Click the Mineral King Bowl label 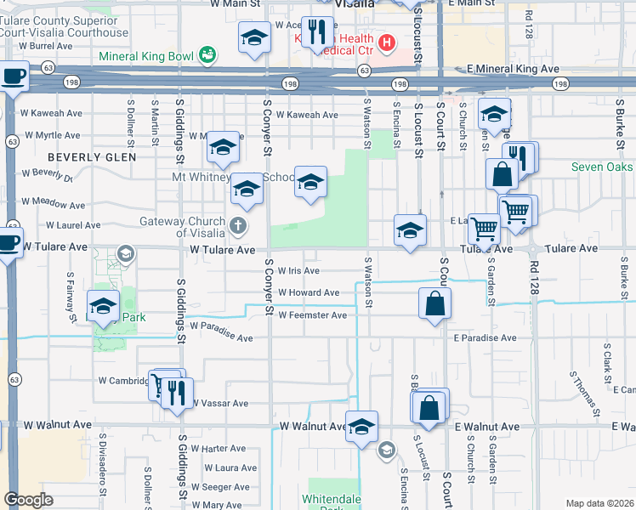pos(146,57)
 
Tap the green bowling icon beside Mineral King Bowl pos(206,56)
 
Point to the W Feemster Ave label pos(312,315)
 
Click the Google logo pos(28,500)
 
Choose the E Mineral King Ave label pos(513,68)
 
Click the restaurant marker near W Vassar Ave pos(176,394)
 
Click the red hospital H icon pos(386,42)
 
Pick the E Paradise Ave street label pos(485,337)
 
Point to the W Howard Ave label pos(309,292)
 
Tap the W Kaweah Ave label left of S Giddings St pos(53,113)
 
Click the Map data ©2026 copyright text pos(599,503)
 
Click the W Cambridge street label pos(124,381)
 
